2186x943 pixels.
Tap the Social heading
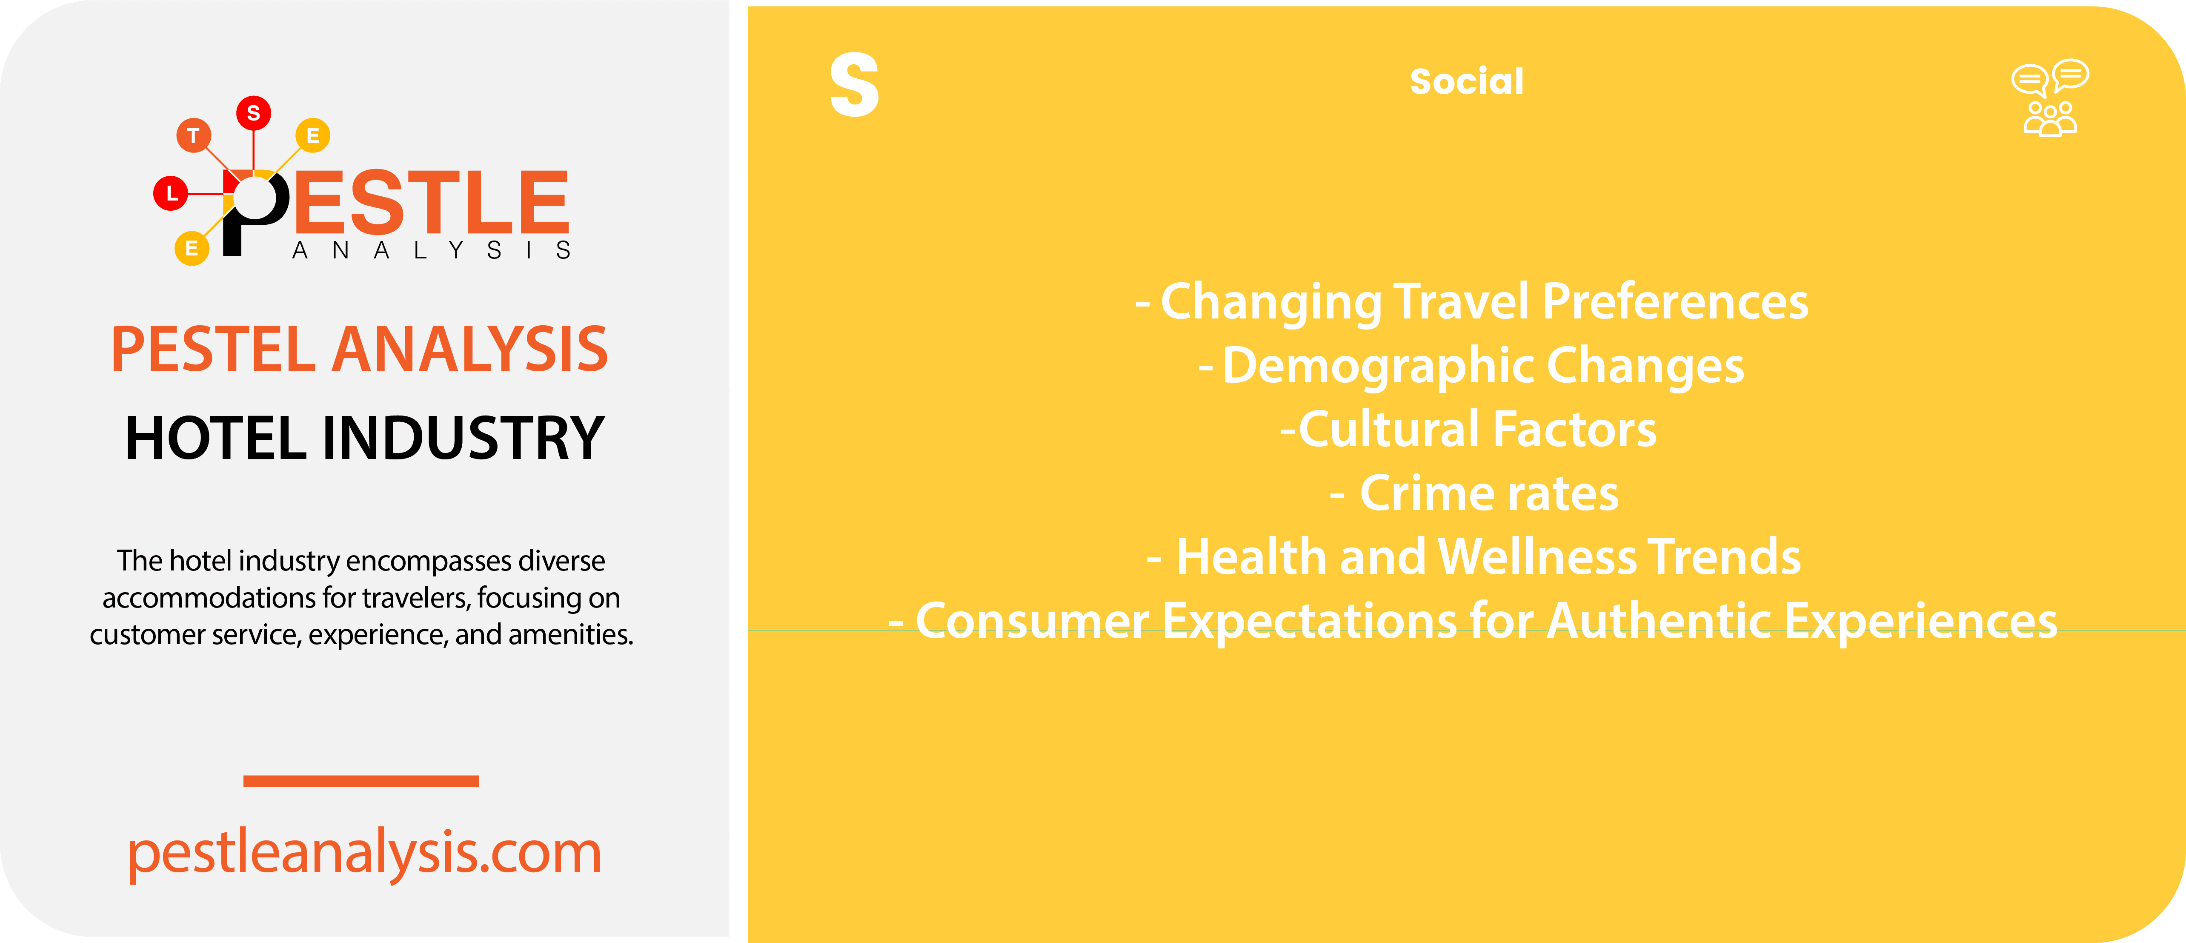(x=1466, y=81)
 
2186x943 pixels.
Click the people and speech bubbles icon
(x=2050, y=98)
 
